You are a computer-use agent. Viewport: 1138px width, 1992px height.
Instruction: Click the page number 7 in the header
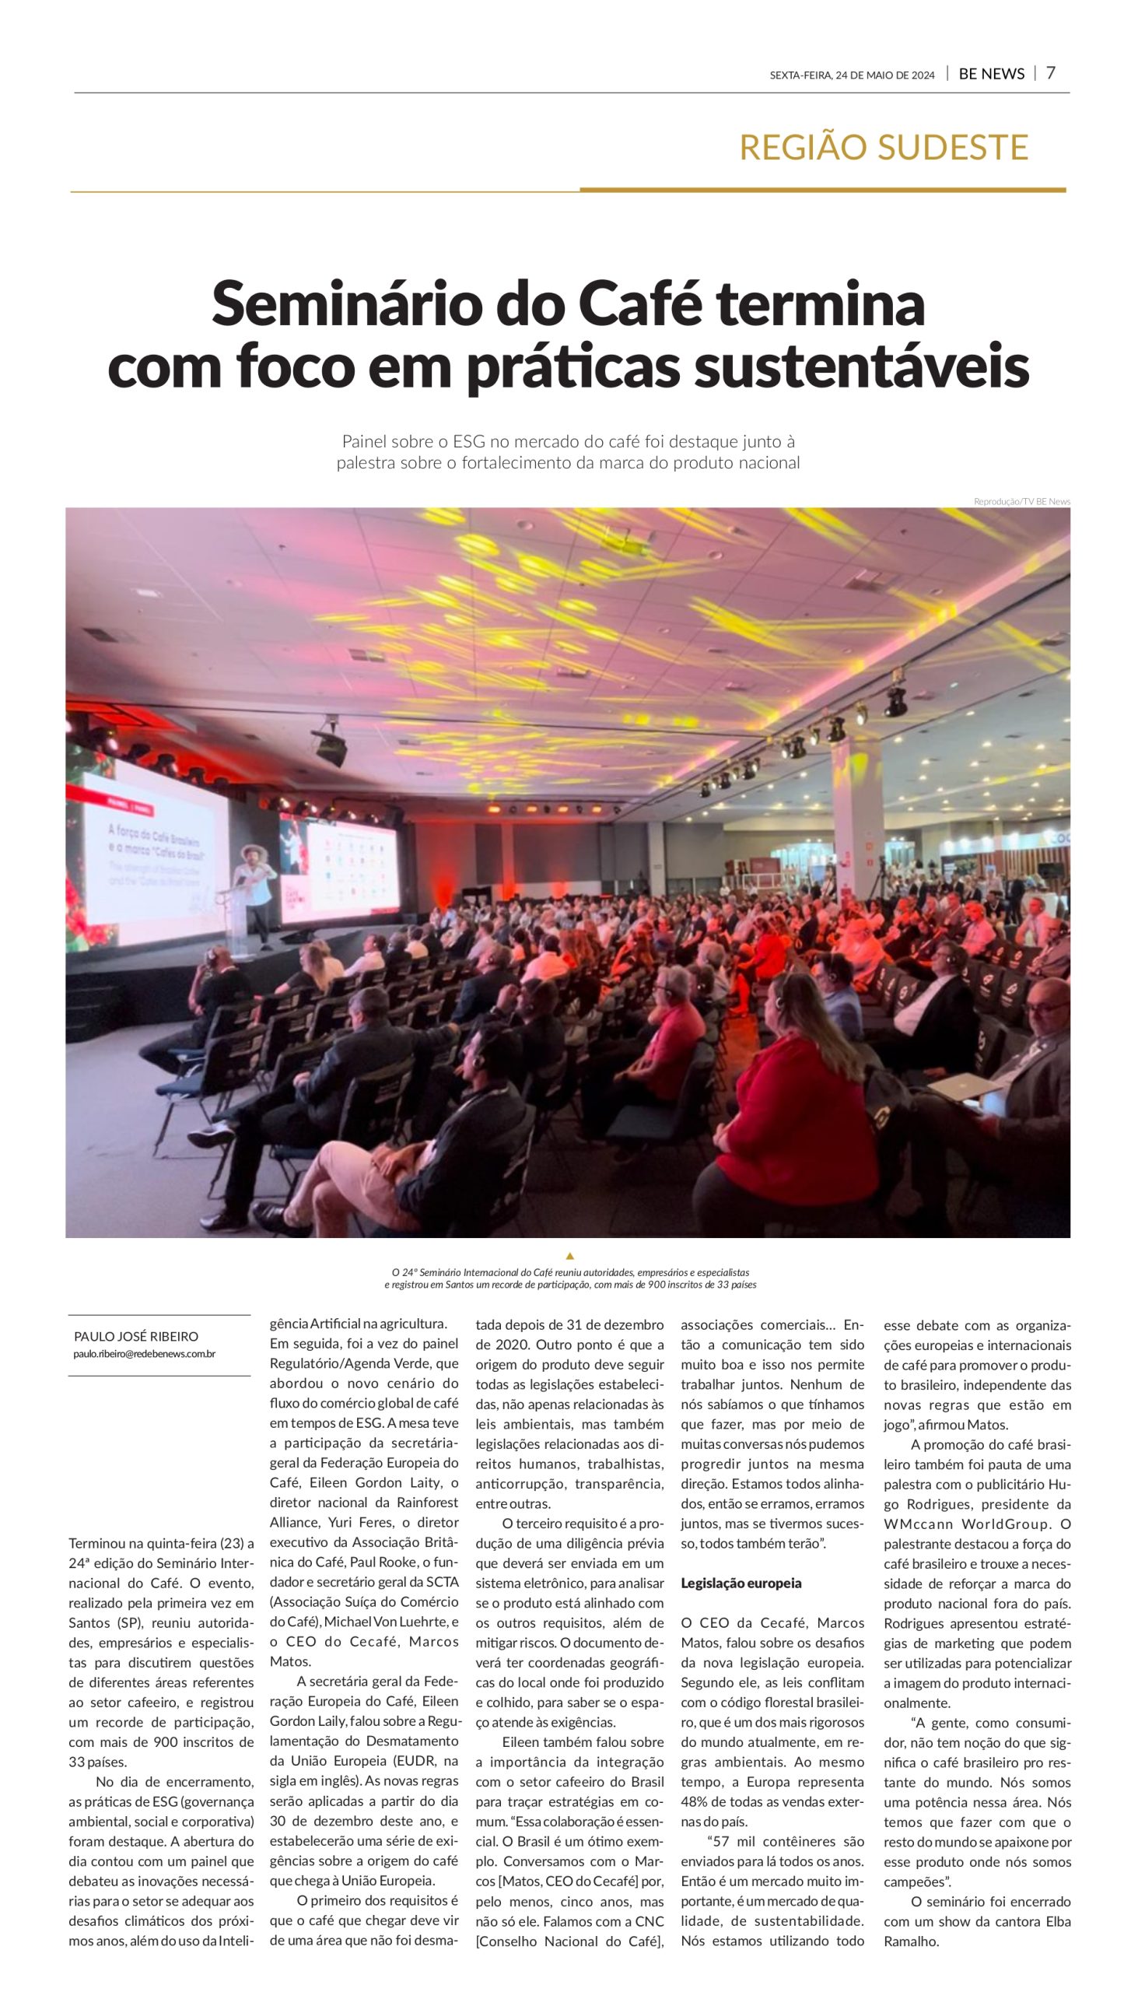1050,73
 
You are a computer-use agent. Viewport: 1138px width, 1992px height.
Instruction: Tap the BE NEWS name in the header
991,74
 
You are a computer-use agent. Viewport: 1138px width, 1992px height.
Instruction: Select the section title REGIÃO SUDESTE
883,147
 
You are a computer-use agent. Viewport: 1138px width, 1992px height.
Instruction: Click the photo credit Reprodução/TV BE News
1021,501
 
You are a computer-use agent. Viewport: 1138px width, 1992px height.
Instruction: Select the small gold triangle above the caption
569,1256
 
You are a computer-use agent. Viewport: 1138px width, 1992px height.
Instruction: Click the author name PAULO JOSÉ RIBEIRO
136,1336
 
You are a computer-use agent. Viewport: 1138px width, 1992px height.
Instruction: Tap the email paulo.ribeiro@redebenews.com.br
145,1353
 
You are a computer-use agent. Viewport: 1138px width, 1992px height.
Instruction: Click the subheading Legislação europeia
741,1583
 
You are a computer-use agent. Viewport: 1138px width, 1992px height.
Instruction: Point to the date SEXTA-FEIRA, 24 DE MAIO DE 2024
851,75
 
